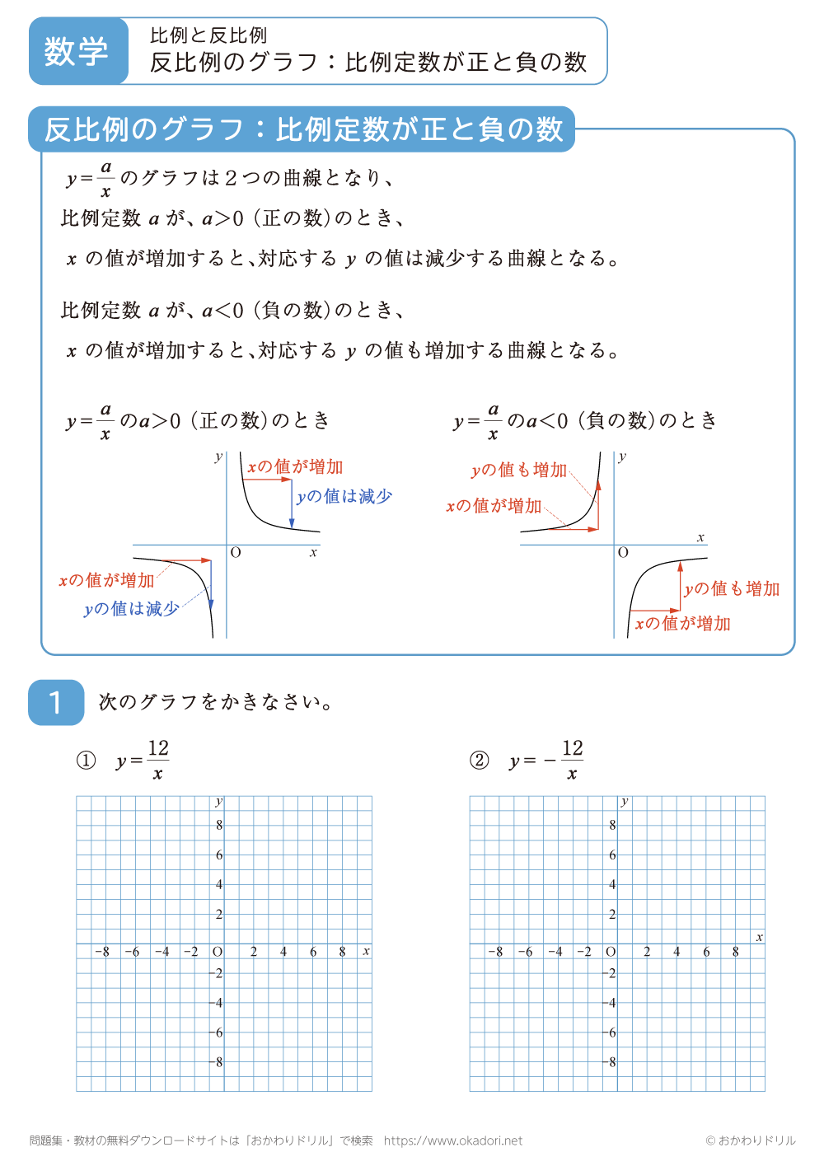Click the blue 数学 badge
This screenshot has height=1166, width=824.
77,51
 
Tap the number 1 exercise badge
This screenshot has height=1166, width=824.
56,702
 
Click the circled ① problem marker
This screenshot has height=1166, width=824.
86,761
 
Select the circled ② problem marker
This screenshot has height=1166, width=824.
479,761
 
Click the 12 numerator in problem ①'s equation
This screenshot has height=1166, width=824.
158,748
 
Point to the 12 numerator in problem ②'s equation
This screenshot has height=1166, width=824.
573,748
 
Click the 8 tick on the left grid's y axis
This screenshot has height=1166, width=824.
219,825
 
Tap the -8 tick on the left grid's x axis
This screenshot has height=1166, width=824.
101,952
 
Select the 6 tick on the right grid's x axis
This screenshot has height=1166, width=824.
706,952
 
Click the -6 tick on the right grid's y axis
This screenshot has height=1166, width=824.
611,1033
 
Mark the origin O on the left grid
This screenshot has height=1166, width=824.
218,952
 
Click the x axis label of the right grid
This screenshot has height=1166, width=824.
759,937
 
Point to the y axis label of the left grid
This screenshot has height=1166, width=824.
218,801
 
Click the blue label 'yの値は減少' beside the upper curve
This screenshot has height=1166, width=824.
344,496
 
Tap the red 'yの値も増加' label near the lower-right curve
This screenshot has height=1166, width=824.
732,588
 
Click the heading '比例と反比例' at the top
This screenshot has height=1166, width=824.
208,35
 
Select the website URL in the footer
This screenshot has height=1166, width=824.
452,1140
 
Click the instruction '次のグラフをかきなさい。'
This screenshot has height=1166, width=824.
216,702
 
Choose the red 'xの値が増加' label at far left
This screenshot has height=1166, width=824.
106,580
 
